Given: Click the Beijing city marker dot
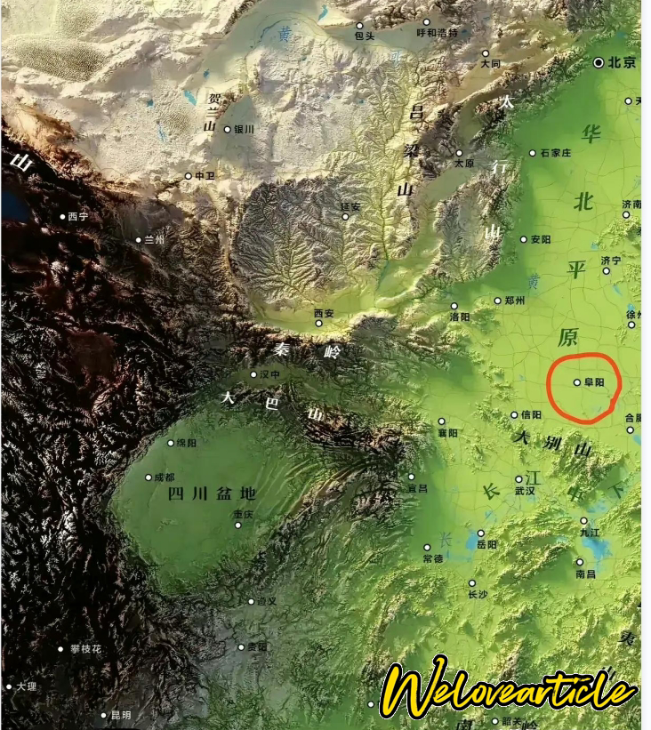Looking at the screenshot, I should point(599,62).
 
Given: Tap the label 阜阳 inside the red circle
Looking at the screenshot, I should point(594,382).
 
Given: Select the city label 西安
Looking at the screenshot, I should point(324,313).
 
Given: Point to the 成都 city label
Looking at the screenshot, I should point(165,477).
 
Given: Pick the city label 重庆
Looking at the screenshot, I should point(243,514).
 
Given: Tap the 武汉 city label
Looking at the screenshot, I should point(525,490).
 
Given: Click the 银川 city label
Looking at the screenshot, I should point(244,129).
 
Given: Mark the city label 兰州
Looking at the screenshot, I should point(155,239).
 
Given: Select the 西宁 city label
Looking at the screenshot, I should point(78,216).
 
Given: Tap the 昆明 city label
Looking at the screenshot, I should point(120,715).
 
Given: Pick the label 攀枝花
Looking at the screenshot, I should point(85,649).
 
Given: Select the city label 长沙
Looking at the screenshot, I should point(478,594).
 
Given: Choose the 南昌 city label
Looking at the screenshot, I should point(585,574).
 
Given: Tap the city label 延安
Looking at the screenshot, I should point(351,206).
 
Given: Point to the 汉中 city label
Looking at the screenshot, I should point(270,374).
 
